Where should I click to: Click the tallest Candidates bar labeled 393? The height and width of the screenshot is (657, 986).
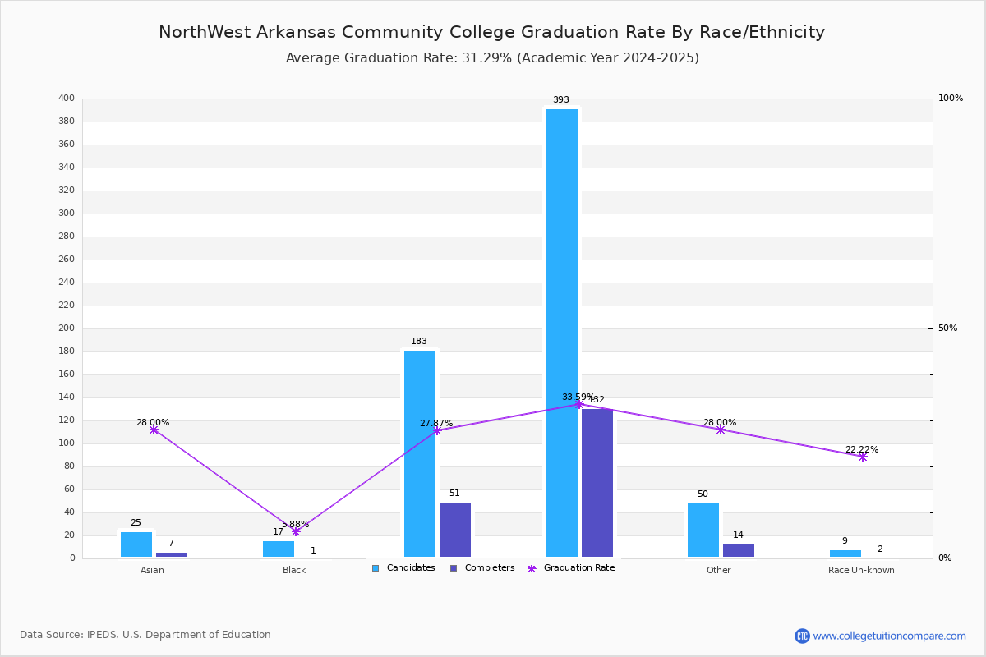562,333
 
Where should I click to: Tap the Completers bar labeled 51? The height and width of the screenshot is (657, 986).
455,530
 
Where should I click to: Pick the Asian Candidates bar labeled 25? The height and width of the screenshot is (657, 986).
136,544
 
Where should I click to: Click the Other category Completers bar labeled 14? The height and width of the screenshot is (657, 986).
739,550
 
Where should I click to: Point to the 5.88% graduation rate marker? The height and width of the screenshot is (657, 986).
296,531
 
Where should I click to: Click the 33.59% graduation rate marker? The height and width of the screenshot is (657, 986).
578,404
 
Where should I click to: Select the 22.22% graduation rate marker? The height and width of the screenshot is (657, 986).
863,457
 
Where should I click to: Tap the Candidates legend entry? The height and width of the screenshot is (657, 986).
403,568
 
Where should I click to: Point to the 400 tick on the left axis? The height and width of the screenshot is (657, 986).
67,99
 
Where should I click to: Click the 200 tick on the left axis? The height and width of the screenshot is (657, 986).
67,328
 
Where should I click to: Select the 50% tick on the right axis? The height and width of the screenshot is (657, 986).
947,328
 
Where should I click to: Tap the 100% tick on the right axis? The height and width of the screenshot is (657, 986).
950,99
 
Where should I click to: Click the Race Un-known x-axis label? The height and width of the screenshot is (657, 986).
861,570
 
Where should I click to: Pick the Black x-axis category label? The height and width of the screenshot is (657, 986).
294,570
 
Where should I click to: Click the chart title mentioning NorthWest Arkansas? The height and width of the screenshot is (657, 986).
491,32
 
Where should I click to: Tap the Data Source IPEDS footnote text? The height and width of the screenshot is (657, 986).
145,635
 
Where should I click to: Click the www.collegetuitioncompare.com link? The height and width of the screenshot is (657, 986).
889,636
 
